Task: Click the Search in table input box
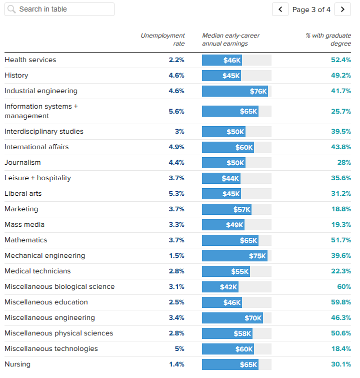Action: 59,10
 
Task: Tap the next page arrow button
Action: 342,10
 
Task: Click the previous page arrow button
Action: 280,10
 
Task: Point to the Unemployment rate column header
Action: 162,39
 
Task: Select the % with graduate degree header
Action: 328,39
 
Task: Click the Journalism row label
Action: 22,163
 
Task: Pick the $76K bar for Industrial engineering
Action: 235,91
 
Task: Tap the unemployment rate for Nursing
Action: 176,364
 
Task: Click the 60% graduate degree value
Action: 344,287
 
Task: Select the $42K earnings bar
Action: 220,287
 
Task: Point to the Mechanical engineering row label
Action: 45,255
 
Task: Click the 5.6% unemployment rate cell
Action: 176,111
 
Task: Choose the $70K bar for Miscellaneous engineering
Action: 232,318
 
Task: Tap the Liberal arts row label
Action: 23,193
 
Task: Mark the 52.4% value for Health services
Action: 341,60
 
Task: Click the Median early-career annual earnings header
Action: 230,39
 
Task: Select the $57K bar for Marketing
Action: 226,209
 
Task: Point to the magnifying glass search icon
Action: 11,10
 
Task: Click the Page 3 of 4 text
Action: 311,10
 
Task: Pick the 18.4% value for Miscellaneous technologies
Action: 341,349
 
